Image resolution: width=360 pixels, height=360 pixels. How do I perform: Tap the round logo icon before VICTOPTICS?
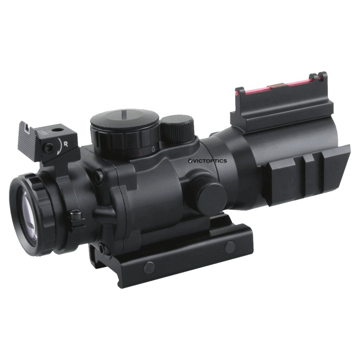(190, 161)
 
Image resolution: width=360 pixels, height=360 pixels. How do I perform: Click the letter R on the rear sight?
(65, 143)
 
